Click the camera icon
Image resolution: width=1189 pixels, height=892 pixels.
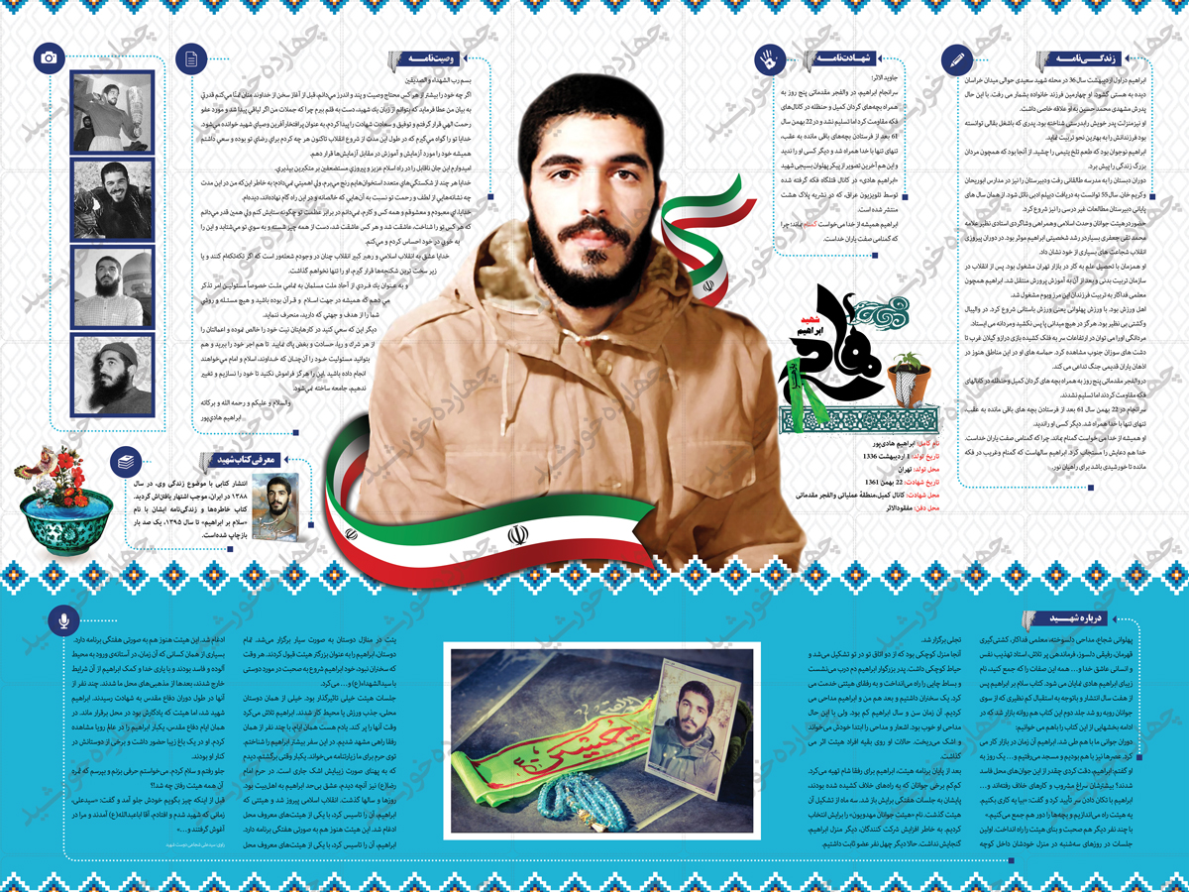[x=48, y=58]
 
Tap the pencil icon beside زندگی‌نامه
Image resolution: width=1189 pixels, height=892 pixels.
[x=956, y=59]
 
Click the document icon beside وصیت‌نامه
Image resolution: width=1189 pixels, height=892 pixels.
[x=188, y=58]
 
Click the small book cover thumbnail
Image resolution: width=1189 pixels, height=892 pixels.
[x=274, y=505]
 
